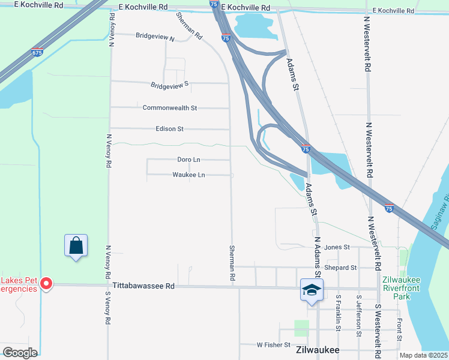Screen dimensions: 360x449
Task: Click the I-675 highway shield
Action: (x=37, y=52)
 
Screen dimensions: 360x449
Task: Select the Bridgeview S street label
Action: (x=169, y=84)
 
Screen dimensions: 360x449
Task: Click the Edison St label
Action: (x=169, y=129)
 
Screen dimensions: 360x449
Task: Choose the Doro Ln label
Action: (x=188, y=160)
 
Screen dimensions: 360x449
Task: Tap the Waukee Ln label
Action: (x=188, y=175)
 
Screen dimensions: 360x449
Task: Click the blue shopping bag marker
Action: (x=76, y=246)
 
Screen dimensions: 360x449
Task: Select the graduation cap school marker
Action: (x=312, y=290)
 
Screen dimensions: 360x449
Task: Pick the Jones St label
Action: (x=336, y=247)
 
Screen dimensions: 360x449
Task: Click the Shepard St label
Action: (x=340, y=268)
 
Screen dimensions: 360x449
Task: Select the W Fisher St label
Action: (x=274, y=345)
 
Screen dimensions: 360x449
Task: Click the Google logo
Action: (x=19, y=353)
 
